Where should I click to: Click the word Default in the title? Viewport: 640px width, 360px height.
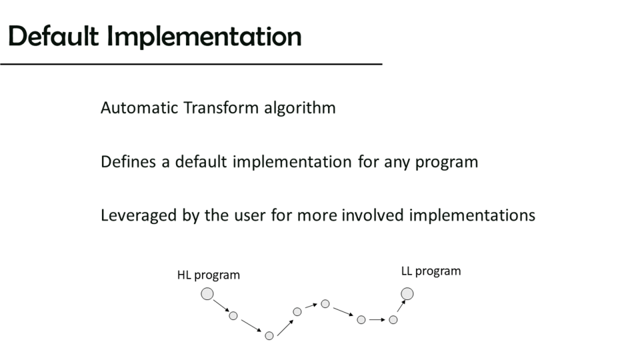point(53,36)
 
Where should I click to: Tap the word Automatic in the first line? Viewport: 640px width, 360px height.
point(139,108)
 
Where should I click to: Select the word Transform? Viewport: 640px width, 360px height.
point(221,108)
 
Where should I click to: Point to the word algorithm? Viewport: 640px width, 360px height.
point(299,108)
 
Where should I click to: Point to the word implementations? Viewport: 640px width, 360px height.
point(472,216)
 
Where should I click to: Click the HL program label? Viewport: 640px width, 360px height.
point(208,275)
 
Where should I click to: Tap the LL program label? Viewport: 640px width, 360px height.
point(431,271)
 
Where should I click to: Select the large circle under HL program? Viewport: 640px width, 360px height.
point(207,294)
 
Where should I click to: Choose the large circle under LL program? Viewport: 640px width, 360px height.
point(407,294)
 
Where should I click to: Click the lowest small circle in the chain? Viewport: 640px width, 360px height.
point(269,335)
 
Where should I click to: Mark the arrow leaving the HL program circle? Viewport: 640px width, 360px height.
point(221,306)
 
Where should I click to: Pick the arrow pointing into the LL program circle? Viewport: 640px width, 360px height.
point(401,306)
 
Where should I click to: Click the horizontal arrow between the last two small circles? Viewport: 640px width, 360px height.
point(377,319)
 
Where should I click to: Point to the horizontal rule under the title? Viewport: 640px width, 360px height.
point(191,64)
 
